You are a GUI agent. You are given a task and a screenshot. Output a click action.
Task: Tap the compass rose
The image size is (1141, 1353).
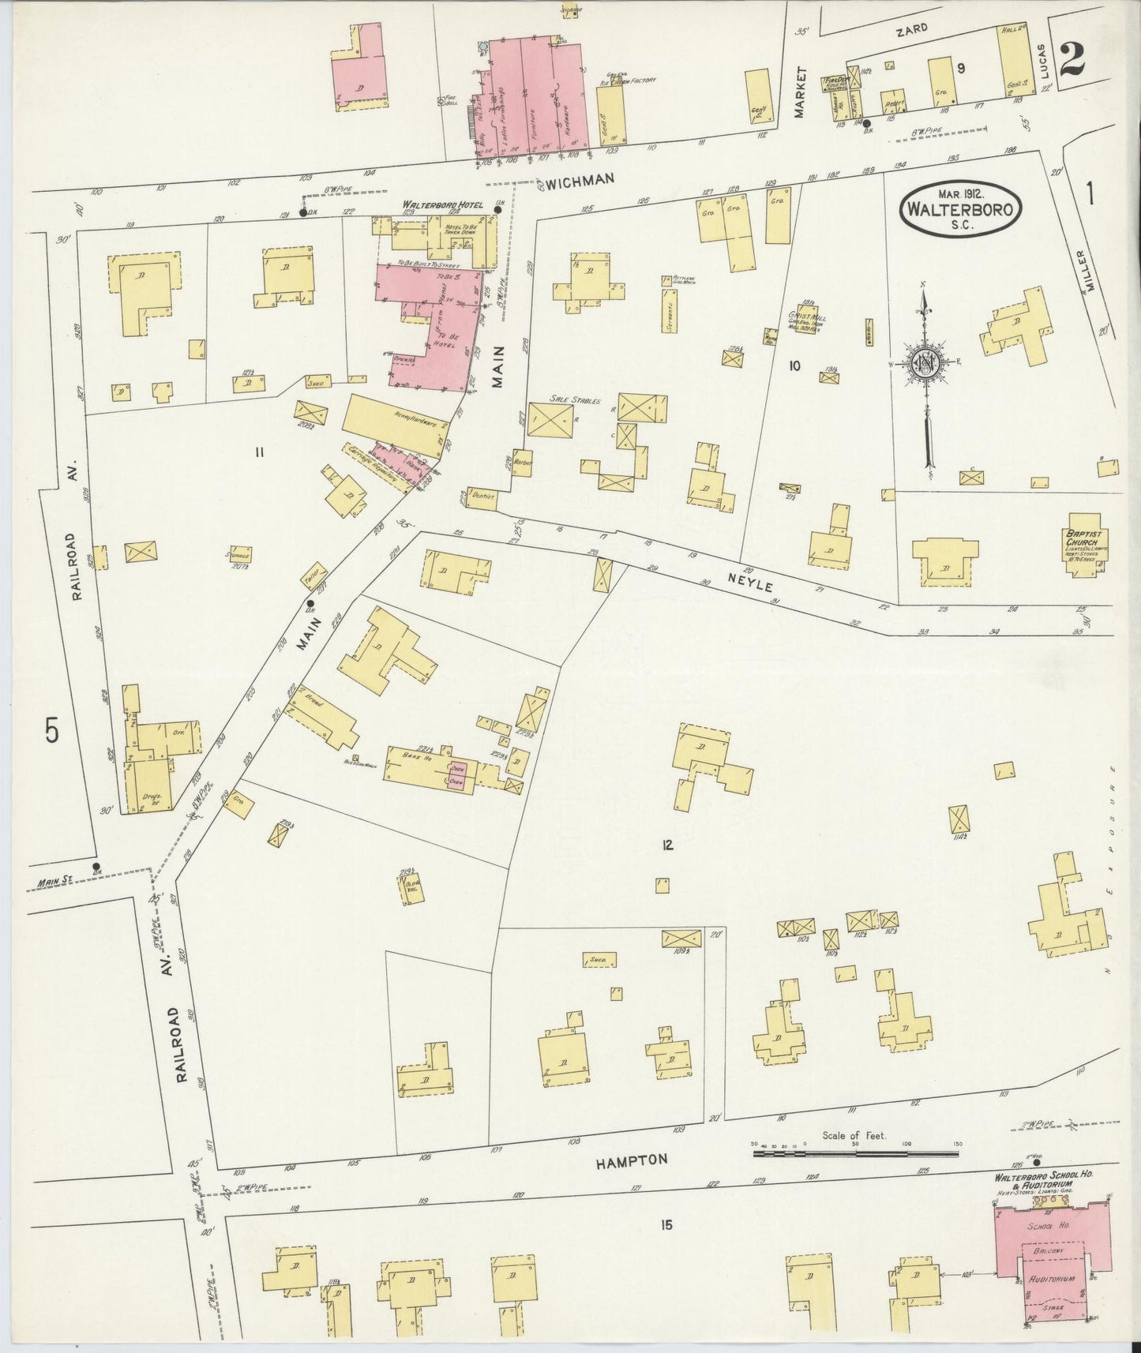coord(925,363)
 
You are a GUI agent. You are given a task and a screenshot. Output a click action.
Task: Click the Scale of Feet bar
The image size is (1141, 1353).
coord(855,1154)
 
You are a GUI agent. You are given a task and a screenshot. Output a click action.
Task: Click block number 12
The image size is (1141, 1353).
coord(667,845)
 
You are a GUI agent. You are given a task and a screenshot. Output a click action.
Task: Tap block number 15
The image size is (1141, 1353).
coord(666,1225)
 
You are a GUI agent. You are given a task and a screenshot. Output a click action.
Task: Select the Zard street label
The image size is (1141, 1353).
coord(910,28)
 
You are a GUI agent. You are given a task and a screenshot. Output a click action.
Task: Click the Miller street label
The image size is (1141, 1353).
coord(1092,272)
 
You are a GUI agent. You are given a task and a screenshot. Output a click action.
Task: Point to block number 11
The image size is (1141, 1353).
coord(258,452)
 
